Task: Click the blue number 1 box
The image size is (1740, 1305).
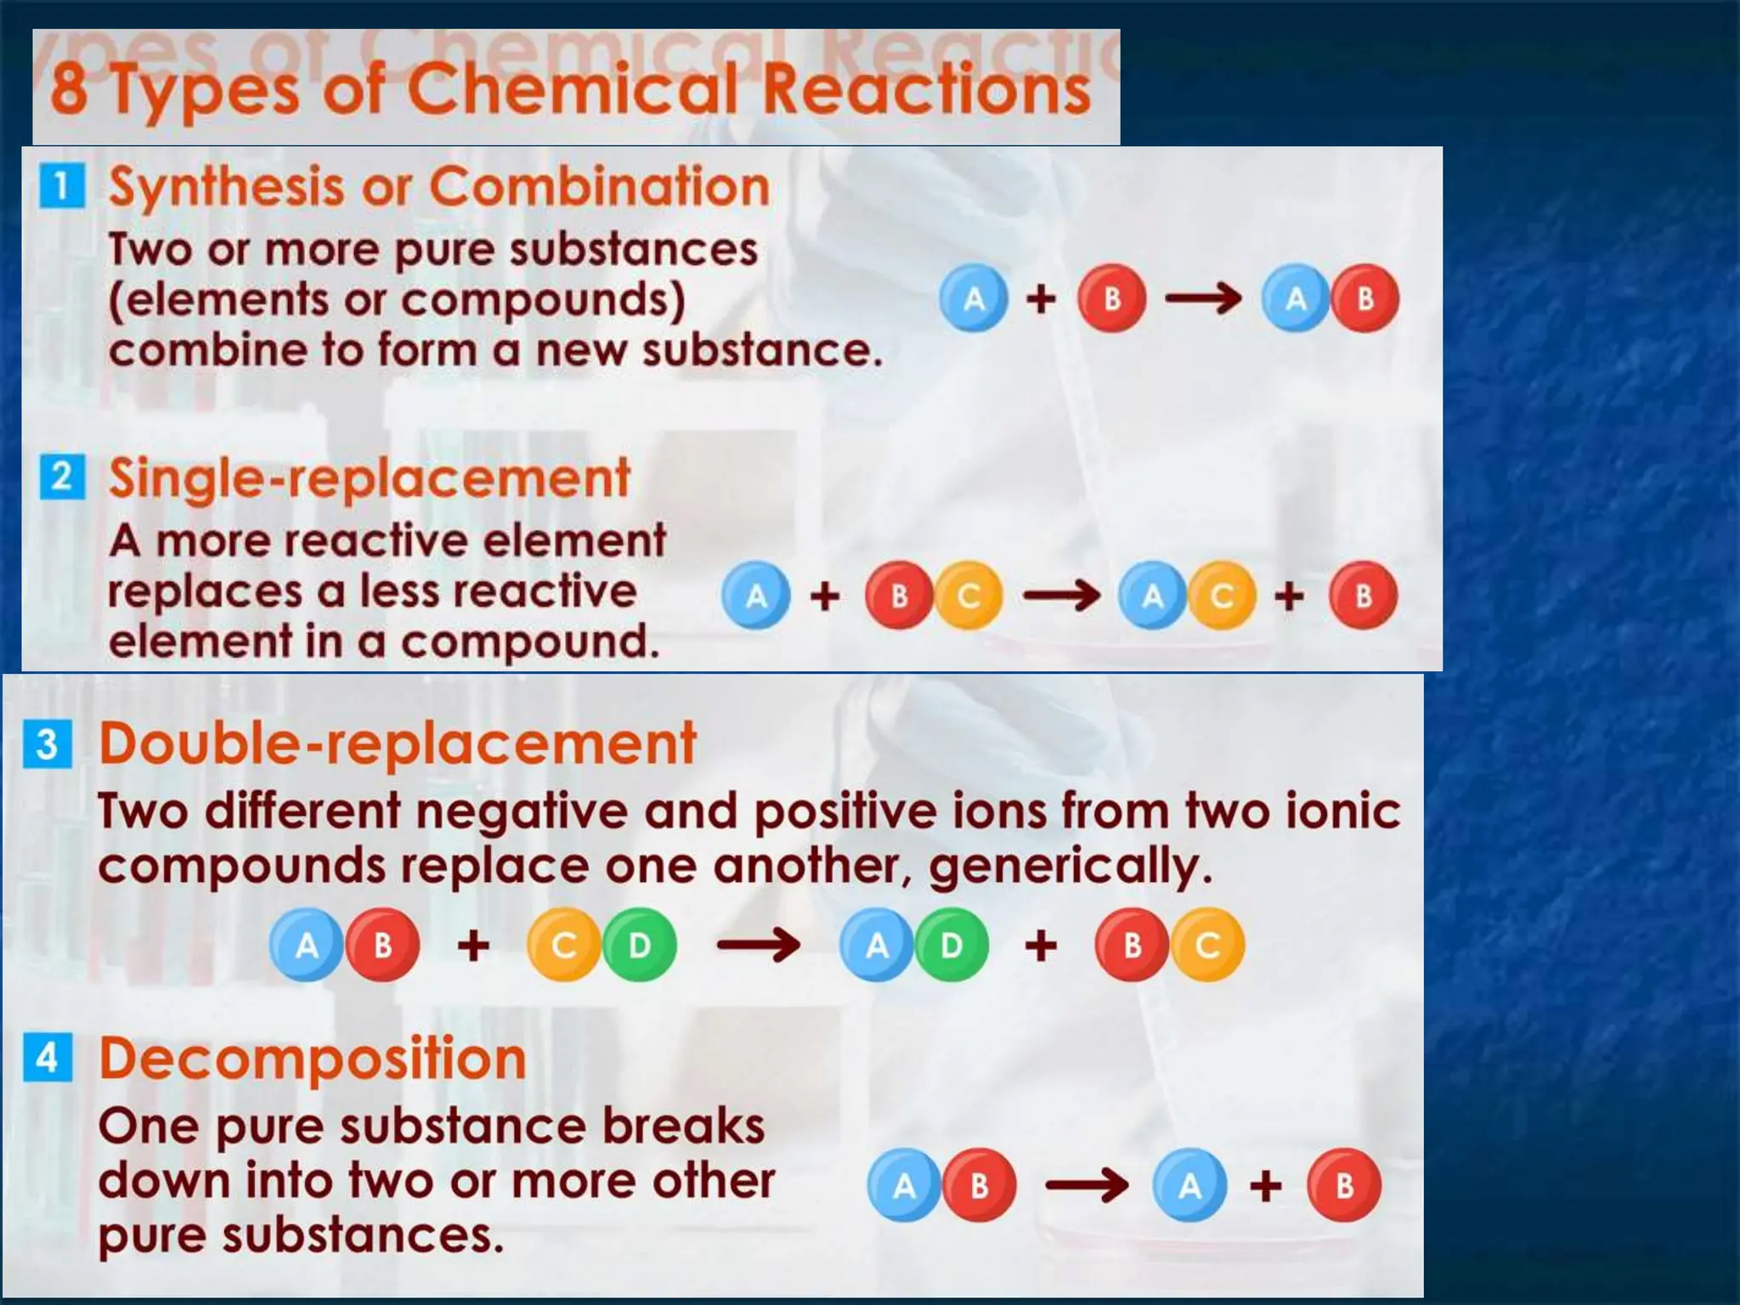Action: click(62, 186)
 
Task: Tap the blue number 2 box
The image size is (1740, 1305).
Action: click(62, 477)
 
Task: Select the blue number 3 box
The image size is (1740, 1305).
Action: click(48, 743)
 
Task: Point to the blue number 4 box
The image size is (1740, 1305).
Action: click(48, 1058)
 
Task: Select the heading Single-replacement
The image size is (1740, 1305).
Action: click(370, 477)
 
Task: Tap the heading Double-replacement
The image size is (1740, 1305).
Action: click(398, 743)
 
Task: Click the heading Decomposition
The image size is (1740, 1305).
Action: click(313, 1059)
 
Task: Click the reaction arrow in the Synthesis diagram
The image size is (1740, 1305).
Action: click(1203, 298)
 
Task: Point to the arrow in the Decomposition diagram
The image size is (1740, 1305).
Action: click(1087, 1185)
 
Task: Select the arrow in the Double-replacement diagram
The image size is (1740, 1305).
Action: click(758, 945)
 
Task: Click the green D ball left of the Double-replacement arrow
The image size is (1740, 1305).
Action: click(640, 945)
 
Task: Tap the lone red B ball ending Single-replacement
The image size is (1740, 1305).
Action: click(1363, 596)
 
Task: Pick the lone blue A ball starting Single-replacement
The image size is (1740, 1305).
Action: click(755, 596)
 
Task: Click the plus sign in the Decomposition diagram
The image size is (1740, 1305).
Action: click(1265, 1185)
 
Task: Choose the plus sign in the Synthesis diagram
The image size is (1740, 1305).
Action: click(1041, 298)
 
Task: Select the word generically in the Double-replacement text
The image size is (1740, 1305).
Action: click(1070, 866)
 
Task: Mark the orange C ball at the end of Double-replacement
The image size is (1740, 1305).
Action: click(1207, 945)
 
